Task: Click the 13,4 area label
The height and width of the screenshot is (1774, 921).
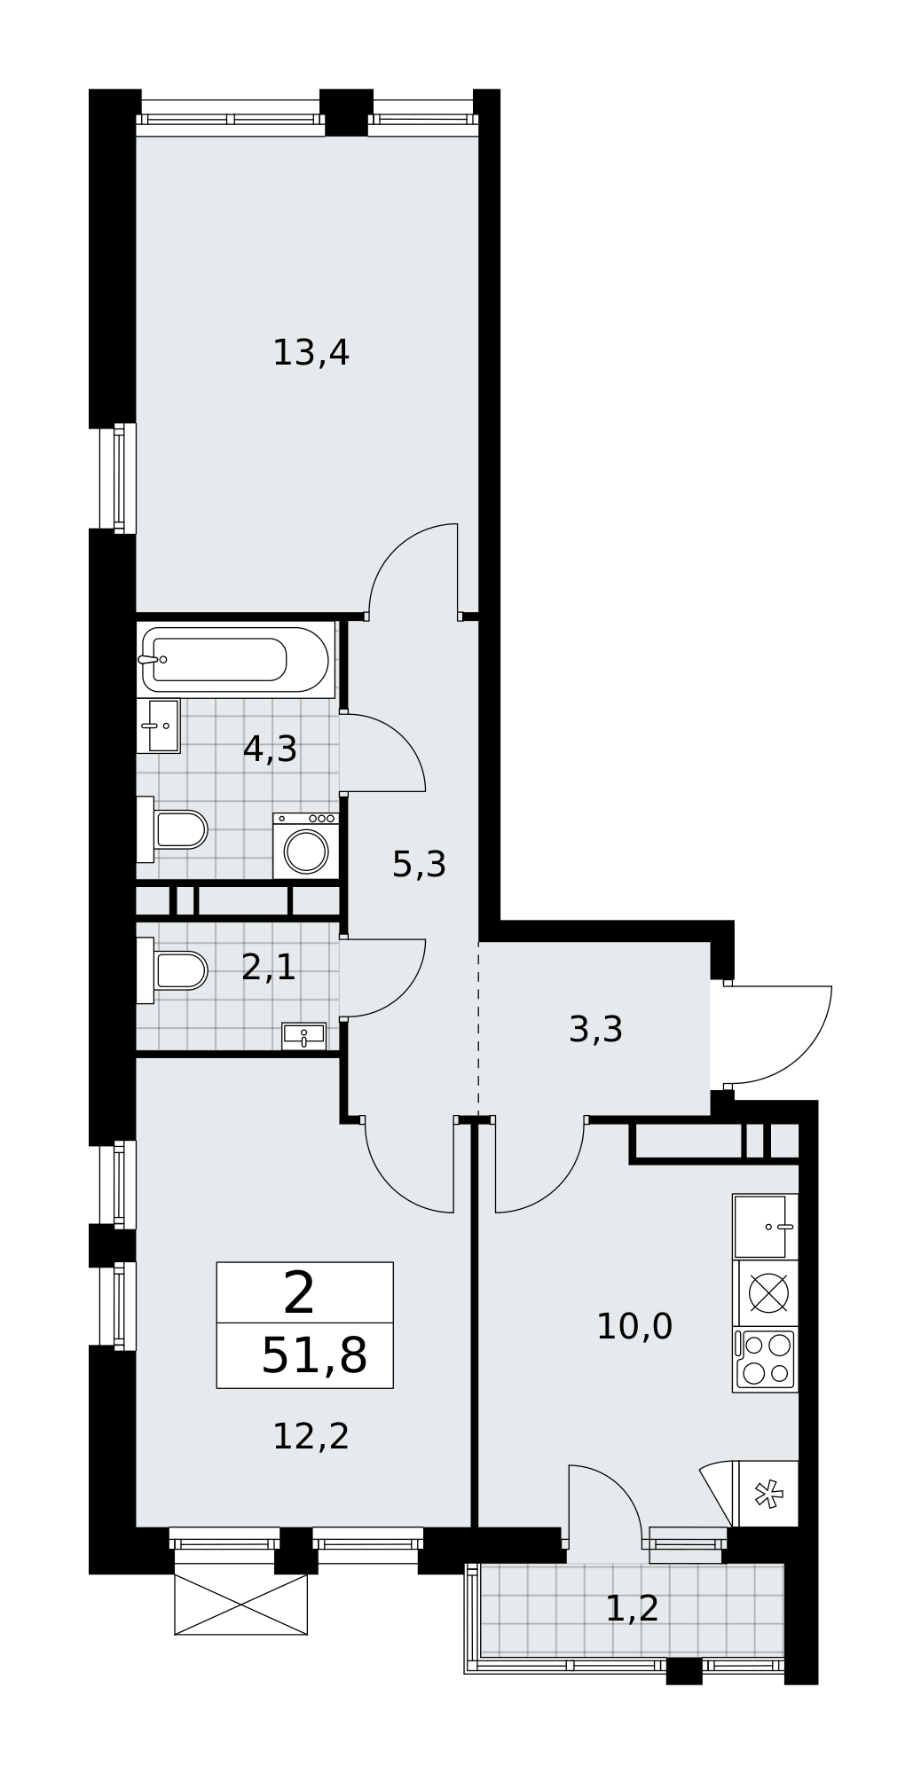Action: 311,354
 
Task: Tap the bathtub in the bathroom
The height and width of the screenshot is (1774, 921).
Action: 235,659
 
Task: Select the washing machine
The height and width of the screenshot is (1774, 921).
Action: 306,846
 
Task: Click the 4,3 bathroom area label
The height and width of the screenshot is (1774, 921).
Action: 270,750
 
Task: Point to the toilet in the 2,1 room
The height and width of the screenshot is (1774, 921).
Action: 172,970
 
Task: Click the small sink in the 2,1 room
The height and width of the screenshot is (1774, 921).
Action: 303,1035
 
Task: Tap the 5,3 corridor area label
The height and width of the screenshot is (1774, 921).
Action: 419,865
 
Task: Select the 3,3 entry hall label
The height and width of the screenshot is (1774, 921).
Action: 595,1031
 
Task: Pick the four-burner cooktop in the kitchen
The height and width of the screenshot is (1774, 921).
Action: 766,1360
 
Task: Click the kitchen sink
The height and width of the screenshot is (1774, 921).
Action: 766,1227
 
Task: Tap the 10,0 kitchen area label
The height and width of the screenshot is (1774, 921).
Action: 634,1328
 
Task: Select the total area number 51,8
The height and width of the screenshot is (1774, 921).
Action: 314,1356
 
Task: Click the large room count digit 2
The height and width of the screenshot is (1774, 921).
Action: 299,1293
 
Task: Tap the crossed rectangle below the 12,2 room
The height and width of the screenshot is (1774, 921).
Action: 240,1605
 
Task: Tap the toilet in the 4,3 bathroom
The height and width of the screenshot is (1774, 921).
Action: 172,829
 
